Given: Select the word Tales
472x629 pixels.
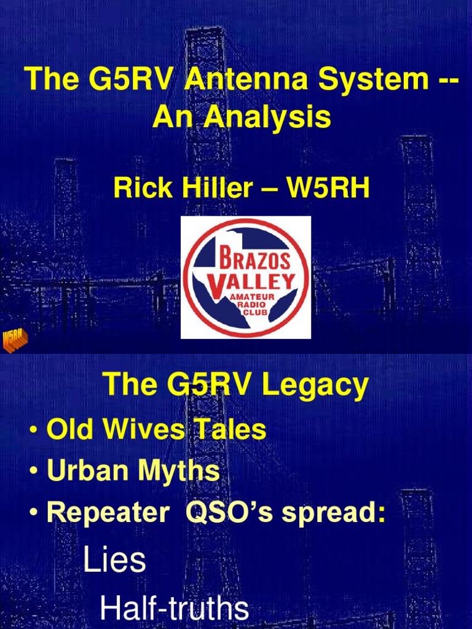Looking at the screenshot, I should tap(231, 429).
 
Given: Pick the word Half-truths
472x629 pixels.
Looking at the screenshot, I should tap(174, 609).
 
